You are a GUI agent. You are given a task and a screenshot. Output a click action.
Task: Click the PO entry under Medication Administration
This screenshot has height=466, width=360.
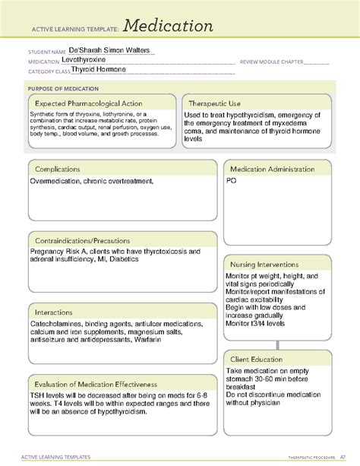[x=231, y=182]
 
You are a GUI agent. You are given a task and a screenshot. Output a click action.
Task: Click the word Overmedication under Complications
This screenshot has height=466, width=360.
[x=58, y=182]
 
